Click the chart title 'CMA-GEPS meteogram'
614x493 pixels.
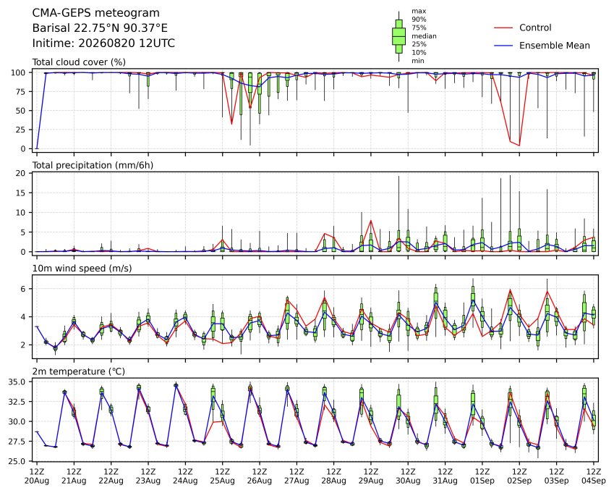(95, 13)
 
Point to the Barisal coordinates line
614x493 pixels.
(100, 28)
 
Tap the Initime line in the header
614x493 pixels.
(103, 43)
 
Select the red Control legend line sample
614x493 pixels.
(503, 28)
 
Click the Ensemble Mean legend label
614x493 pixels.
(555, 46)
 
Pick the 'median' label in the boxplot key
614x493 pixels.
(424, 36)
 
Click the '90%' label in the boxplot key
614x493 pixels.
(419, 20)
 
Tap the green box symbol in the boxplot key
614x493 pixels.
(399, 36)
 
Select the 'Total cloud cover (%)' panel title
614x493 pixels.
(79, 62)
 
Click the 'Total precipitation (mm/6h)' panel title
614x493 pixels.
(93, 165)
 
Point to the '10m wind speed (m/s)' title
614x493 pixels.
(82, 269)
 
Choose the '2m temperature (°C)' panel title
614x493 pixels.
(78, 371)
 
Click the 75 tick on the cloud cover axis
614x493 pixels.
(20, 92)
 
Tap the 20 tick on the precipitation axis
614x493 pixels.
(20, 173)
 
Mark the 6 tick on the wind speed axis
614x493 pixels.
(23, 289)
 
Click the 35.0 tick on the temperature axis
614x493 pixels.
(17, 382)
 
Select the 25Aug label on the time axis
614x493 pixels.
(223, 481)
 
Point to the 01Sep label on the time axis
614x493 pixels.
(482, 481)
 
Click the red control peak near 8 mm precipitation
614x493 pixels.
(371, 221)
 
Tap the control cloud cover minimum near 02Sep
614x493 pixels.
(520, 146)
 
